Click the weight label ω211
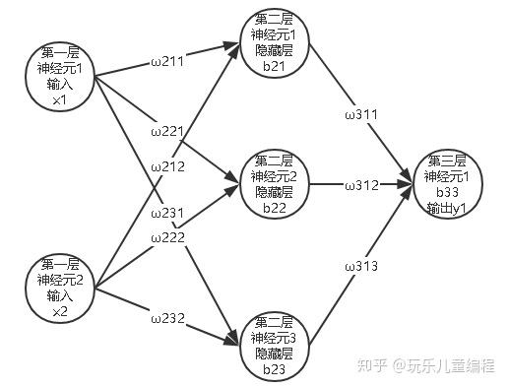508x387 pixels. coord(167,61)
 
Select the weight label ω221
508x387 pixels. coord(167,132)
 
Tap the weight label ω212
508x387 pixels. coord(168,167)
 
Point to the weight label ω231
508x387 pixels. coord(167,214)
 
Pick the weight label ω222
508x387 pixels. coord(168,237)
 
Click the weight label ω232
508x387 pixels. coord(168,318)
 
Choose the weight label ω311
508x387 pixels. coord(361,114)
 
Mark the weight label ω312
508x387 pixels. coord(362,186)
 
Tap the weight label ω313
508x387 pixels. coord(361,266)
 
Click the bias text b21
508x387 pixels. coord(274,66)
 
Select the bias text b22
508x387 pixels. coord(275,208)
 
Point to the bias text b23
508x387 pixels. coord(274,369)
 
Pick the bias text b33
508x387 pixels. coord(447,192)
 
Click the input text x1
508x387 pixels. coord(59,99)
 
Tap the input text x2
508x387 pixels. coord(60,311)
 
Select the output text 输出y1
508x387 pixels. coord(447,208)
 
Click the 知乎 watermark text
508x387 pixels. coord(371,365)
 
